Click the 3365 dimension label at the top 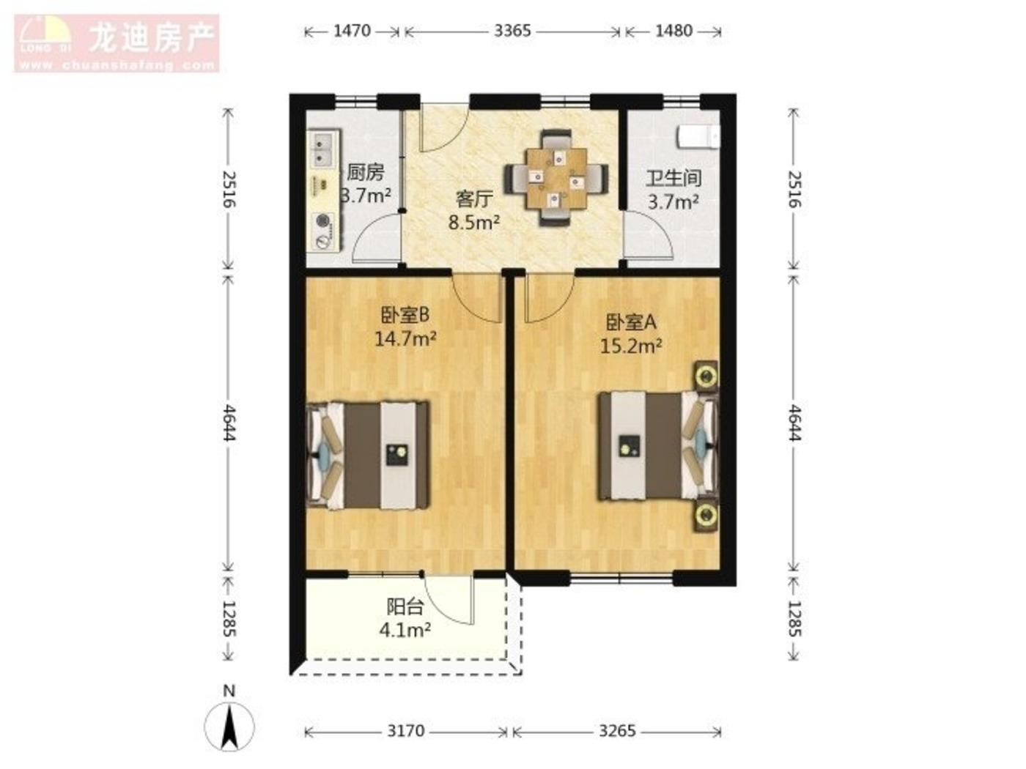coord(512,31)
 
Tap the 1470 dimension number coord(352,31)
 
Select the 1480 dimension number coord(673,31)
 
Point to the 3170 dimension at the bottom coord(406,730)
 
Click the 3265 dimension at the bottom coord(618,730)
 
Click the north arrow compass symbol coord(229,727)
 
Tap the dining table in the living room coord(556,179)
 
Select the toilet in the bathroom coord(698,137)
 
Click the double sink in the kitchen coord(320,150)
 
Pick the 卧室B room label coord(405,316)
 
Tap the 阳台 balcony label coord(405,607)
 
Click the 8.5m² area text coord(474,223)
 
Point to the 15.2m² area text coord(631,346)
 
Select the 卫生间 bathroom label coord(673,178)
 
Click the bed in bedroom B coord(368,455)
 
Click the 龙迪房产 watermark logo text coord(152,37)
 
